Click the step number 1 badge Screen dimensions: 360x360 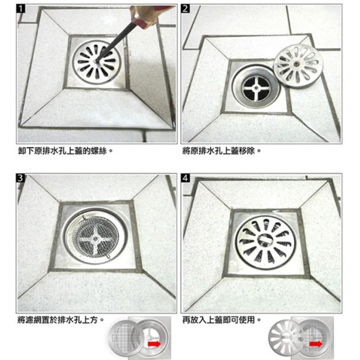point(22,10)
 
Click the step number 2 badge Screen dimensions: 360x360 point(187,10)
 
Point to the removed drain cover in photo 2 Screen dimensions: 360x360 point(298,65)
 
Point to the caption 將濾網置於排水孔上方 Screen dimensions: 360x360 point(61,319)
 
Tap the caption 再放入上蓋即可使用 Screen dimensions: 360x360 point(222,319)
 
